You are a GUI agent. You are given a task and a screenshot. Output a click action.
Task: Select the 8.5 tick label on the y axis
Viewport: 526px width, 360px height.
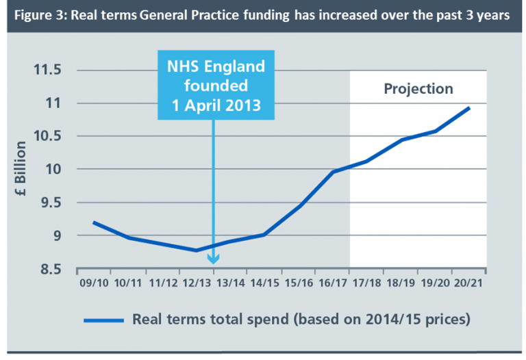(x=49, y=269)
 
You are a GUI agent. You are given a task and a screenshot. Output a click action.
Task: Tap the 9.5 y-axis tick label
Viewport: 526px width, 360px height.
(x=49, y=203)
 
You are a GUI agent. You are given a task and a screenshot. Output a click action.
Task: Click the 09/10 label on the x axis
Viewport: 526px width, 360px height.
(x=92, y=283)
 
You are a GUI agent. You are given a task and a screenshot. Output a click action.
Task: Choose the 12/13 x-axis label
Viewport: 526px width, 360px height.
(x=197, y=283)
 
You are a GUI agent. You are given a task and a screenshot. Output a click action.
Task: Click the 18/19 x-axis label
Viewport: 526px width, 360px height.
(x=402, y=283)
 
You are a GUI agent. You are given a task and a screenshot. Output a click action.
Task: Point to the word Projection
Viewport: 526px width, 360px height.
(x=418, y=89)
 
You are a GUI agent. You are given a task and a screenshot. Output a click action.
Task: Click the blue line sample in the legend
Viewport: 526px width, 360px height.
(x=103, y=320)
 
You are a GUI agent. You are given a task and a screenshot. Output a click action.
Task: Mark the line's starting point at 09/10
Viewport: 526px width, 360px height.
(x=93, y=222)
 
